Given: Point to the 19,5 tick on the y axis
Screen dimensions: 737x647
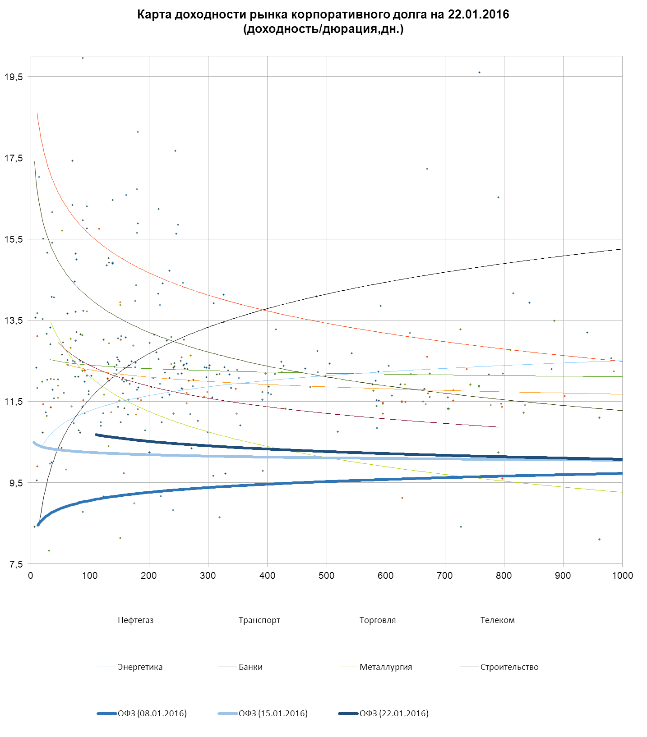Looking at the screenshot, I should click(x=14, y=77).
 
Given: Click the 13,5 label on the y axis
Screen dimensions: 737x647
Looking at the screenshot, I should click(x=14, y=320).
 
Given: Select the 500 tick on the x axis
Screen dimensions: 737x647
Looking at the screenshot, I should click(x=326, y=576).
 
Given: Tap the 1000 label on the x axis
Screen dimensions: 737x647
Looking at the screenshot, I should click(x=622, y=576).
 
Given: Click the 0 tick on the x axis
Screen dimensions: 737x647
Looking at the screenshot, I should click(x=31, y=576).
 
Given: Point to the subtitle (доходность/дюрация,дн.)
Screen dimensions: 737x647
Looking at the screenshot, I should click(x=323, y=29).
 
